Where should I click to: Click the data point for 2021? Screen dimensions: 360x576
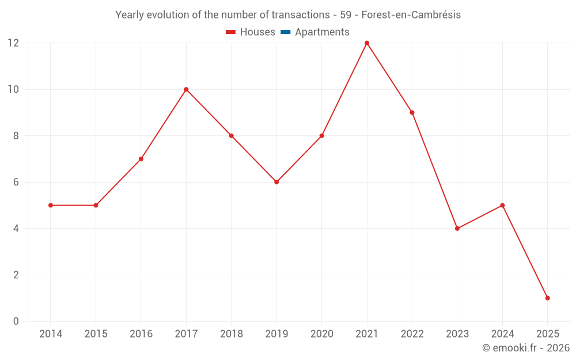coord(367,43)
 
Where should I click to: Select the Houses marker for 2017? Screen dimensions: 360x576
coord(186,89)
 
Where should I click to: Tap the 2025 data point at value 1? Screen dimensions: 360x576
coord(547,298)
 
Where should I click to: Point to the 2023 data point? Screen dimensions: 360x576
coord(457,229)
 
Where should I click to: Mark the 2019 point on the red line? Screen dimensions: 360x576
coord(276,182)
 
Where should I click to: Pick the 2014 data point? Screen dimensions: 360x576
coord(51,205)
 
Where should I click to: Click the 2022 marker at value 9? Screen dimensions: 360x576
coord(412,112)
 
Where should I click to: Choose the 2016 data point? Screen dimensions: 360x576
coord(141,159)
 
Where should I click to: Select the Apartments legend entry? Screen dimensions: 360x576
coord(322,32)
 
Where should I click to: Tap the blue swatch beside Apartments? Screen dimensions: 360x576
coord(285,32)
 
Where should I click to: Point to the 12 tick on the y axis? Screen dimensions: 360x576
coord(13,43)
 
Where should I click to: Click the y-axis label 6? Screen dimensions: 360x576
coord(16,182)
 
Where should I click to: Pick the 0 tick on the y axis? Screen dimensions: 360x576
coord(16,321)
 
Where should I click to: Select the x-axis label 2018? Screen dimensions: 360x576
coord(231,334)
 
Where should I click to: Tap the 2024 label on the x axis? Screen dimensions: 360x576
coord(502,334)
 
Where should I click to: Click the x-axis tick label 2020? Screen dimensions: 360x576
coord(321,334)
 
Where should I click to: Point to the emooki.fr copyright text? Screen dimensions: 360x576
coord(525,348)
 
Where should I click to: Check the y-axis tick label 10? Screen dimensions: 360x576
coord(13,89)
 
